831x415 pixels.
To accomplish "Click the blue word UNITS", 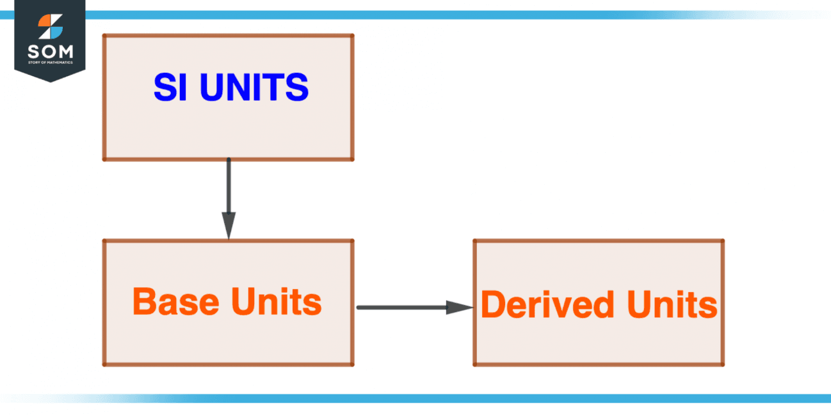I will coord(254,88).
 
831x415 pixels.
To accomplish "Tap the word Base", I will coord(172,302).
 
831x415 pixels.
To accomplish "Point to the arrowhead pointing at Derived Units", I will coord(459,308).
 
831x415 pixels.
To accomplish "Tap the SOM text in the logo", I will coord(50,51).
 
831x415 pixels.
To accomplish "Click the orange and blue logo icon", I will coord(50,27).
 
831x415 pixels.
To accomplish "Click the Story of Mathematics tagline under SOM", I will coord(50,63).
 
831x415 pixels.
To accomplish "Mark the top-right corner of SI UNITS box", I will coord(352,36).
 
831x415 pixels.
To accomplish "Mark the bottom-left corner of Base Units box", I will coord(105,364).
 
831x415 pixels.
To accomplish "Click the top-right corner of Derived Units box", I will coord(723,241).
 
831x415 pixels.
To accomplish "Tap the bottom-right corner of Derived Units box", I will coord(723,364).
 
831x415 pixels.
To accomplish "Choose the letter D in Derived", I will coord(493,305).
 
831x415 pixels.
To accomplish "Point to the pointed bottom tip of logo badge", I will coord(50,81).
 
